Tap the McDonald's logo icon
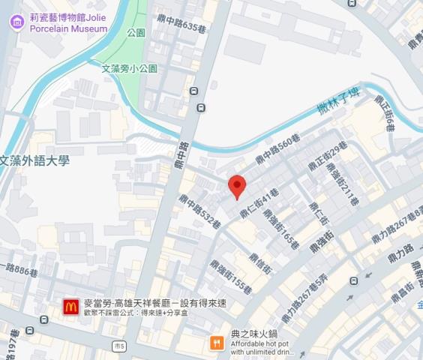71,307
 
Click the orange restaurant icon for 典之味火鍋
217,342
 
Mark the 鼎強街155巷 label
230,277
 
